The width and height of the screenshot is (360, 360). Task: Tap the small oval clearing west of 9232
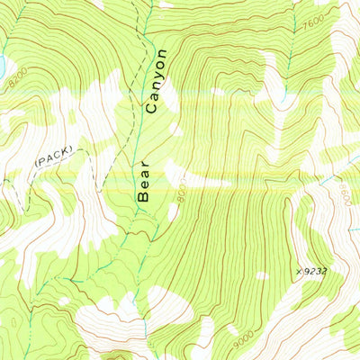260,275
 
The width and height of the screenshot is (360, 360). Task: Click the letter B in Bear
142,193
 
